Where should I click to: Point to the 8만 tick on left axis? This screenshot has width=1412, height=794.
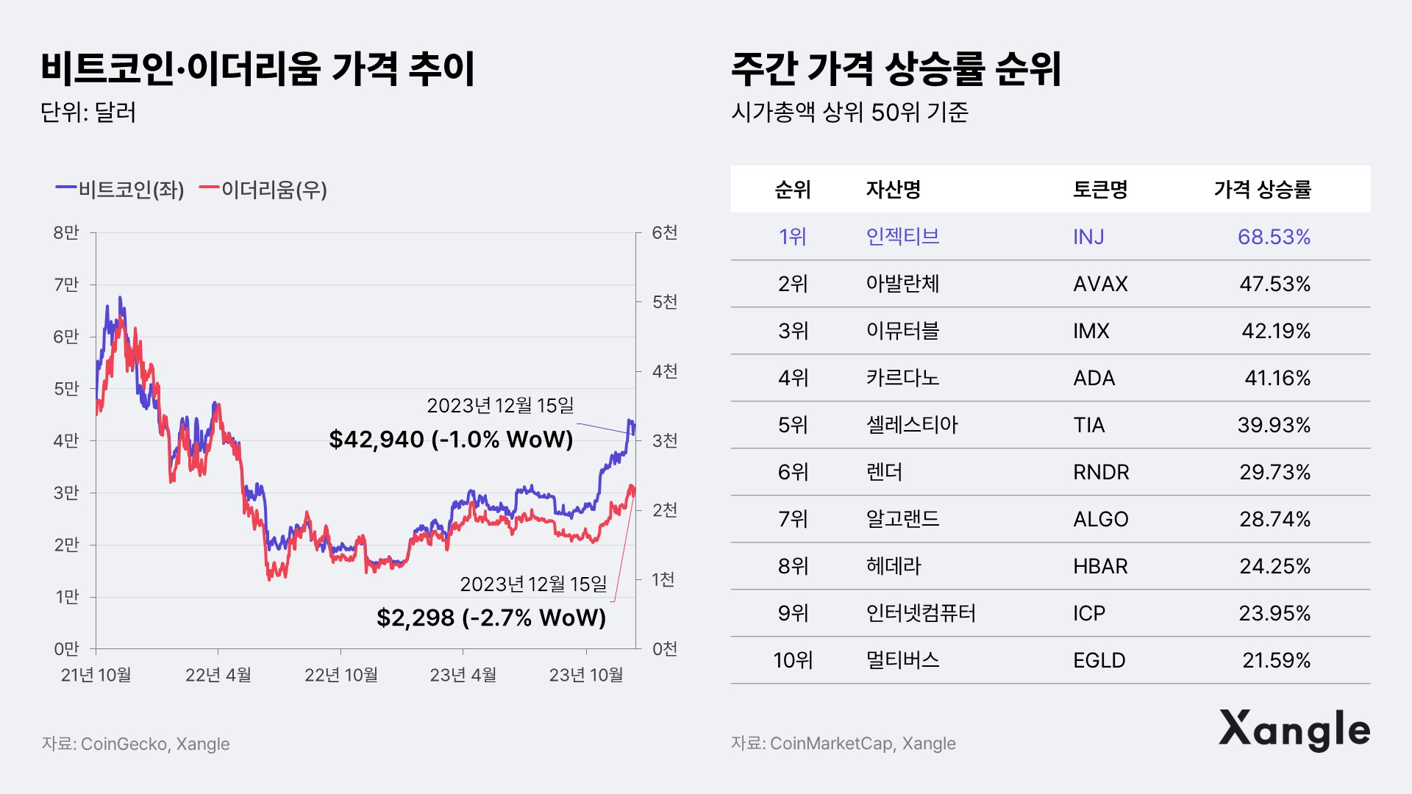tap(66, 233)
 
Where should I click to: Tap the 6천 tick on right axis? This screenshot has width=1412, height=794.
tap(665, 233)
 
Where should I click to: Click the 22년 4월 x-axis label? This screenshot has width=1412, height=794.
tap(218, 675)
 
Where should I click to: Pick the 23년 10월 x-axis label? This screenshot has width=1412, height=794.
tap(585, 675)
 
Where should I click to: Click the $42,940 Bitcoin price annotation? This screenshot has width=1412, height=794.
tap(451, 440)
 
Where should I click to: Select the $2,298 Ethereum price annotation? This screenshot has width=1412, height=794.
tap(491, 618)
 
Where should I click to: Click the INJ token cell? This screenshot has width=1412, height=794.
tap(1088, 237)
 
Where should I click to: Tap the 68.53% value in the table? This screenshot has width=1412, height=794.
tap(1274, 237)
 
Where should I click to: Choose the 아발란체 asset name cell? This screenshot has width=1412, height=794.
tap(902, 284)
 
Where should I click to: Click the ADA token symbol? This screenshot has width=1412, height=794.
tap(1094, 378)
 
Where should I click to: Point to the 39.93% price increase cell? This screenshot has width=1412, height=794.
tap(1274, 425)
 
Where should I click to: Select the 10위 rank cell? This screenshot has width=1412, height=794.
tap(793, 660)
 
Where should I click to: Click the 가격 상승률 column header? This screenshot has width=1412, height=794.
tap(1262, 190)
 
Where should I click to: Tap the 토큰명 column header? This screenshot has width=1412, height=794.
tap(1100, 190)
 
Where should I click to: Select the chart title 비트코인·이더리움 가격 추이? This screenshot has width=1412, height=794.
tap(257, 69)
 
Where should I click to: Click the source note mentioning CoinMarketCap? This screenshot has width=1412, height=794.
tap(844, 743)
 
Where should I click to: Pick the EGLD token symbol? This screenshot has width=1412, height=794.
tap(1099, 660)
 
